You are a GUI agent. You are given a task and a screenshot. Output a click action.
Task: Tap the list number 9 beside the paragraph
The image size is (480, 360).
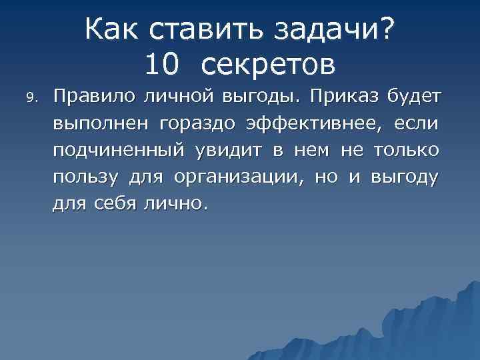[x=29, y=97]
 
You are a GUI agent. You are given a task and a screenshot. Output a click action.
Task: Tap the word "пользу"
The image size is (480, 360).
[x=86, y=178]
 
